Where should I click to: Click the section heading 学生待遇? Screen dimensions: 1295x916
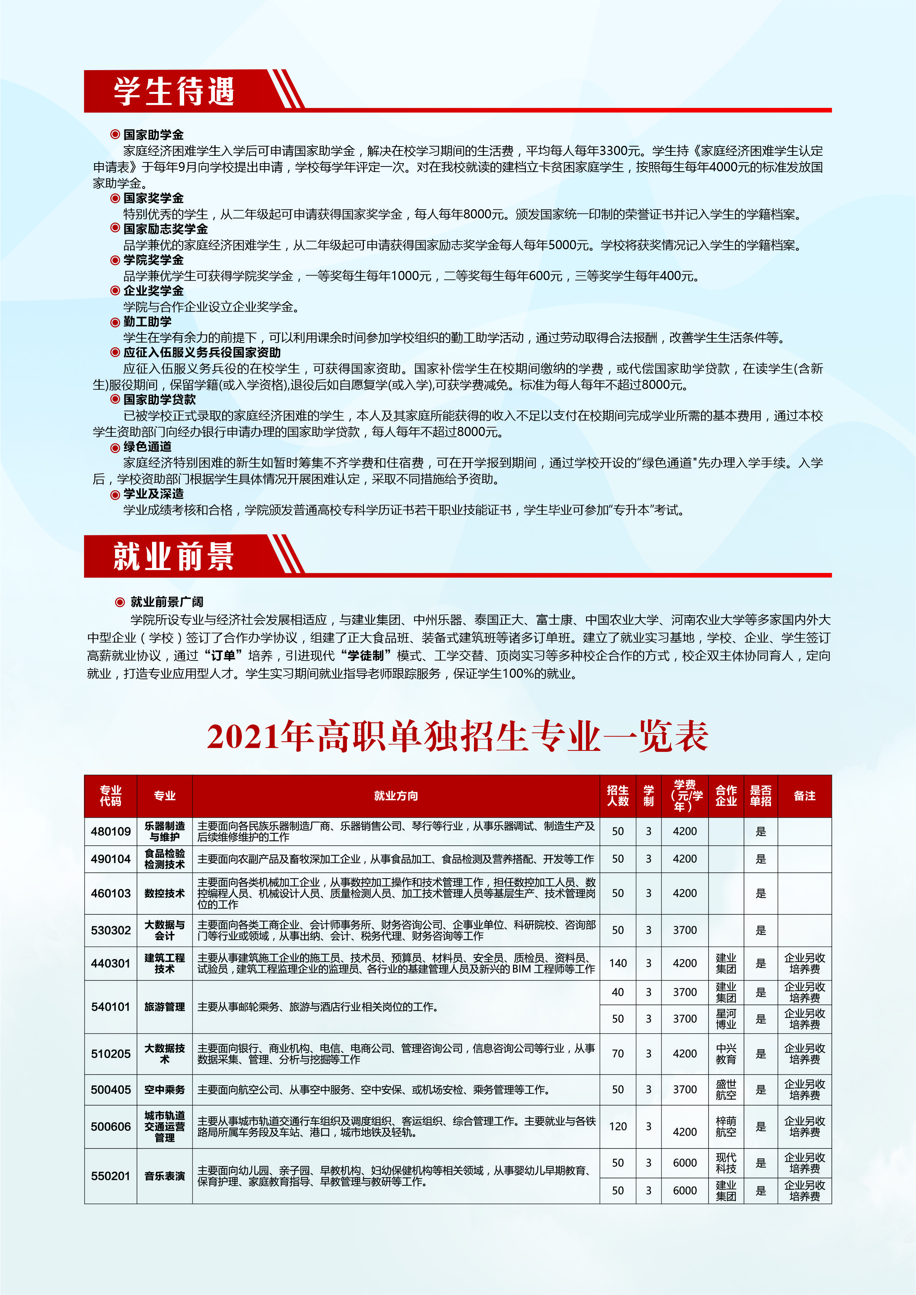(174, 92)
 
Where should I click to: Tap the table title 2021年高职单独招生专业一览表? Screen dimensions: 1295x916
(457, 736)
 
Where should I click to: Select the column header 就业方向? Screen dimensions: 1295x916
(396, 795)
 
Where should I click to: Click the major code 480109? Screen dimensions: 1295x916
(111, 831)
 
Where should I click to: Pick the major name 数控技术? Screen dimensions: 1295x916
(164, 893)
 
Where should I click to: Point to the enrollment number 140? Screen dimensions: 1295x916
(618, 963)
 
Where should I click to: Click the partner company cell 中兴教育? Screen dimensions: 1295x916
(726, 1053)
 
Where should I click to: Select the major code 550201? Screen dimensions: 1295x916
(111, 1176)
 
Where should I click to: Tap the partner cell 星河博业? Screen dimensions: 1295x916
(726, 1019)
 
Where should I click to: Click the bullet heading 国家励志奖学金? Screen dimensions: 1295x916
(165, 229)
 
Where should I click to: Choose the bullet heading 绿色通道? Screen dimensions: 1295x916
(147, 447)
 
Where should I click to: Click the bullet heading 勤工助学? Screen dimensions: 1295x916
(147, 322)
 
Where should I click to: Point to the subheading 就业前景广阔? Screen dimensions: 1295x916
(166, 602)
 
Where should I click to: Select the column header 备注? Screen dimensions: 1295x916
(804, 795)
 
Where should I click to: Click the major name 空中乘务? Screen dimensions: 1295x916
(164, 1089)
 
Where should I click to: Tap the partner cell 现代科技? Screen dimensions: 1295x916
(726, 1162)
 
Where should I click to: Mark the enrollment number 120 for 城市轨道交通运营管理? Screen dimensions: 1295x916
(618, 1126)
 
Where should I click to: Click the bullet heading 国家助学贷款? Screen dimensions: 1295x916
(160, 399)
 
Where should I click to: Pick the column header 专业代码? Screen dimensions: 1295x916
(111, 795)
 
